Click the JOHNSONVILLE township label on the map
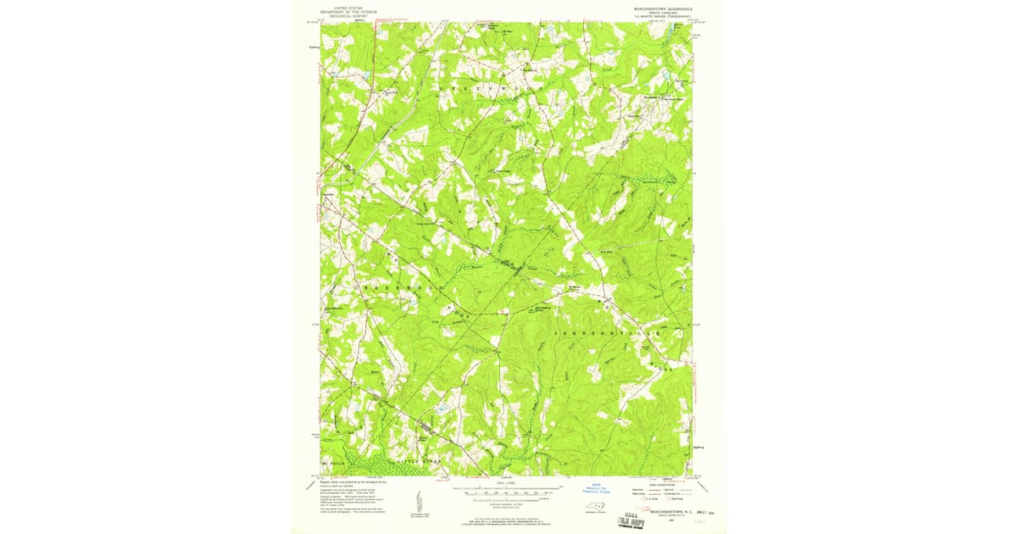pyautogui.click(x=604, y=334)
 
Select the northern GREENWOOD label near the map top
pyautogui.click(x=489, y=87)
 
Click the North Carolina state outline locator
pyautogui.click(x=597, y=508)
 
